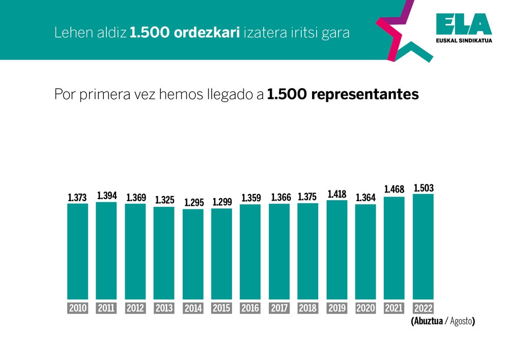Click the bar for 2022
pos(423,246)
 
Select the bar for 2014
pos(193,254)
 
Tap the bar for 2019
pos(336,250)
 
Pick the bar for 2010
pos(78,252)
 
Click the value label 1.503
pos(423,188)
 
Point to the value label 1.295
pos(193,203)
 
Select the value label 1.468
pos(394,190)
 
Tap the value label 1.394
pos(107,196)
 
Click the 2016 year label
pos(250,308)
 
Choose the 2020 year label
pos(365,308)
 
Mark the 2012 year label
pos(135,308)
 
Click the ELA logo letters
pos(464,25)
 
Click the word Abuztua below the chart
pos(427,322)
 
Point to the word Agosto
pos(460,322)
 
